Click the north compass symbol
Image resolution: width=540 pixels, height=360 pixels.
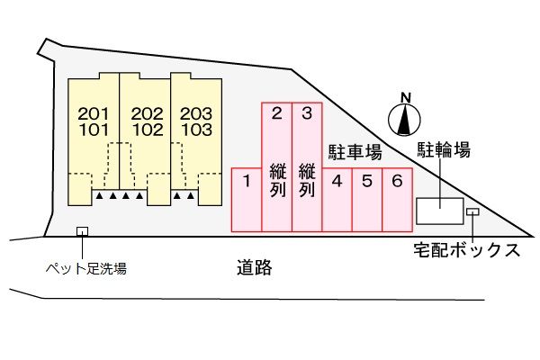[405, 120]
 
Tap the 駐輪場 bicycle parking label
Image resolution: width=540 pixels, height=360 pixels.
[443, 150]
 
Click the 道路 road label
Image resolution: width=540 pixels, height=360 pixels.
[255, 266]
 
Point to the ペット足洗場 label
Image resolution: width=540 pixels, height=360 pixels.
[85, 267]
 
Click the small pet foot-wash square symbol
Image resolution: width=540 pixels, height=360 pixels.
[82, 231]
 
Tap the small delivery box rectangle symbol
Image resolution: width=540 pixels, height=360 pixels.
[472, 212]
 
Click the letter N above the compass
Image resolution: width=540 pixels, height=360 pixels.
[405, 97]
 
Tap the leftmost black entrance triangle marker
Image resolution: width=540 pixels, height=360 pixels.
[101, 195]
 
